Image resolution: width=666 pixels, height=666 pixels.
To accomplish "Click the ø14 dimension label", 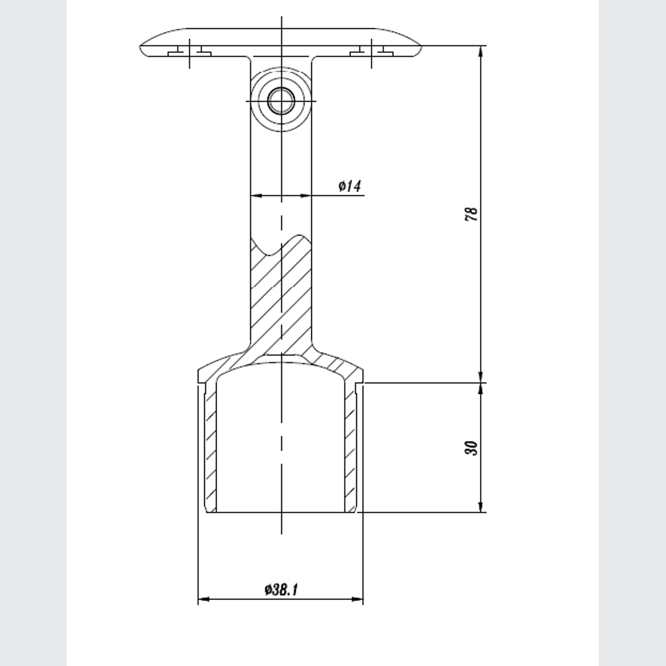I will point(350,186).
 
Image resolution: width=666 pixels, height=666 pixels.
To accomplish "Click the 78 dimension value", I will point(471,214).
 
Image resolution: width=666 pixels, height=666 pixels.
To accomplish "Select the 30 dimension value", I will point(471,448).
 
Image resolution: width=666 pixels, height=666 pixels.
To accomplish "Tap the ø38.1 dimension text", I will point(281,590).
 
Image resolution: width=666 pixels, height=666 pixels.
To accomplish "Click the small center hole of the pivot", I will point(281,101).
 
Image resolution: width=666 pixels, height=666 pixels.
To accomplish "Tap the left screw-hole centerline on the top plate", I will point(190,54).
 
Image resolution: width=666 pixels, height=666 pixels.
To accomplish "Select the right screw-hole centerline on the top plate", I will point(372,54).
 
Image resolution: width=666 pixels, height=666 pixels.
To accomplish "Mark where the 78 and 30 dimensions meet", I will point(481,383).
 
